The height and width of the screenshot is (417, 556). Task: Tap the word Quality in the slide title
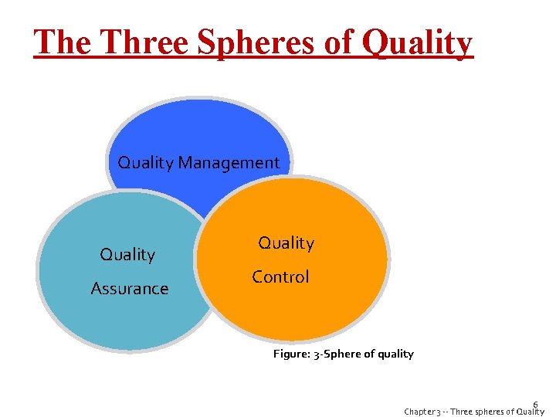pyautogui.click(x=417, y=43)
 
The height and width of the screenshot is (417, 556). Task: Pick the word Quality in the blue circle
pyautogui.click(x=146, y=164)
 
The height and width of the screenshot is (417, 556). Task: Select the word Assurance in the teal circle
pyautogui.click(x=129, y=289)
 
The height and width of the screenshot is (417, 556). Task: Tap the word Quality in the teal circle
pyautogui.click(x=127, y=255)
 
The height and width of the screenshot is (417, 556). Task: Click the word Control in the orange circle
pyautogui.click(x=280, y=277)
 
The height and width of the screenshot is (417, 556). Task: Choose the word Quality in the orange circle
pyautogui.click(x=286, y=243)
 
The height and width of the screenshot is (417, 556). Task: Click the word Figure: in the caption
pyautogui.click(x=292, y=354)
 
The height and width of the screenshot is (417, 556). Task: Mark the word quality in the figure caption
pyautogui.click(x=395, y=354)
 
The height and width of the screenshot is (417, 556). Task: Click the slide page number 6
pyautogui.click(x=535, y=404)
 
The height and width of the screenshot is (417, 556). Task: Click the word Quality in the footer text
pyautogui.click(x=530, y=412)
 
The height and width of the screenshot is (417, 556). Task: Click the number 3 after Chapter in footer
pyautogui.click(x=439, y=412)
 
